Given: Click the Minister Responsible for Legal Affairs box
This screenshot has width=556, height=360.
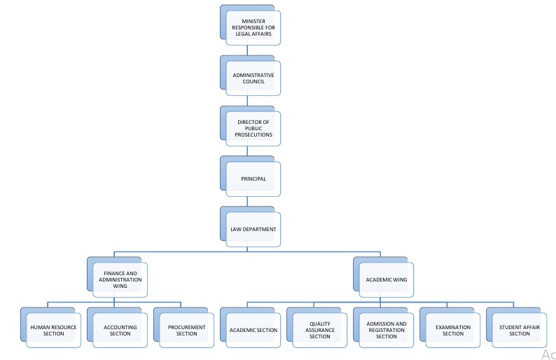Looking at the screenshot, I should (253, 28).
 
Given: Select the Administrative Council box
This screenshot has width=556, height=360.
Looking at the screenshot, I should (253, 78).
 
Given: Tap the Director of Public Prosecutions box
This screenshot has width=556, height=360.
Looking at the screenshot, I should (253, 129).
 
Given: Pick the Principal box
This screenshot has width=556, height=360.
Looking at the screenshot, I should (253, 179).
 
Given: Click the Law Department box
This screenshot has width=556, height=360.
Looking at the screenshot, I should (253, 230).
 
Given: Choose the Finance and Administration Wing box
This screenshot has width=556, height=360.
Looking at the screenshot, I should (123, 280).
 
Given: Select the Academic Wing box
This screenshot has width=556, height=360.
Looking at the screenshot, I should (386, 280).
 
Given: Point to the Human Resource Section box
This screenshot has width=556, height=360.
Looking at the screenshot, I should (53, 330).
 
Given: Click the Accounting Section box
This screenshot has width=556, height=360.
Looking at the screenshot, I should (120, 330).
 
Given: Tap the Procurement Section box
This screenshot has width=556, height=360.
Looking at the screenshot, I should (186, 330).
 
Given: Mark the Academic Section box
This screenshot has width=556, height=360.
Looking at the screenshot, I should (253, 330).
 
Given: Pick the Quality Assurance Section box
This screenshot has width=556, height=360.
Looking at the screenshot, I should (319, 330).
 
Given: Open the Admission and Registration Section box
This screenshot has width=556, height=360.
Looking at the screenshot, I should (386, 330).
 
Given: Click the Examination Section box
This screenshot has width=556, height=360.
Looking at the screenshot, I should (452, 330).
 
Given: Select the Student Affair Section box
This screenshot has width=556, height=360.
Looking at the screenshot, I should (519, 330).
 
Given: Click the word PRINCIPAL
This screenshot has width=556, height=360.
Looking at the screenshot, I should (253, 179).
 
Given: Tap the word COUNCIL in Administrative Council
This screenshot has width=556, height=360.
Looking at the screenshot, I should (253, 82).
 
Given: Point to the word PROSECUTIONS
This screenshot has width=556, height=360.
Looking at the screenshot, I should (253, 134).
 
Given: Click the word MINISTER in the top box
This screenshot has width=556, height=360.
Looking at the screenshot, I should (253, 21).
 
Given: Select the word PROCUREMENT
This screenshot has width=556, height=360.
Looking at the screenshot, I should (186, 326).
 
